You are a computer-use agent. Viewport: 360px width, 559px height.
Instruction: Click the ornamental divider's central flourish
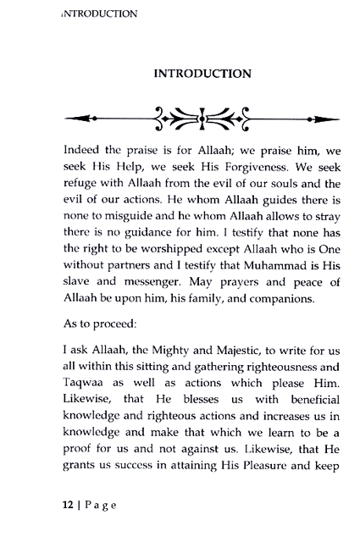point(201,116)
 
